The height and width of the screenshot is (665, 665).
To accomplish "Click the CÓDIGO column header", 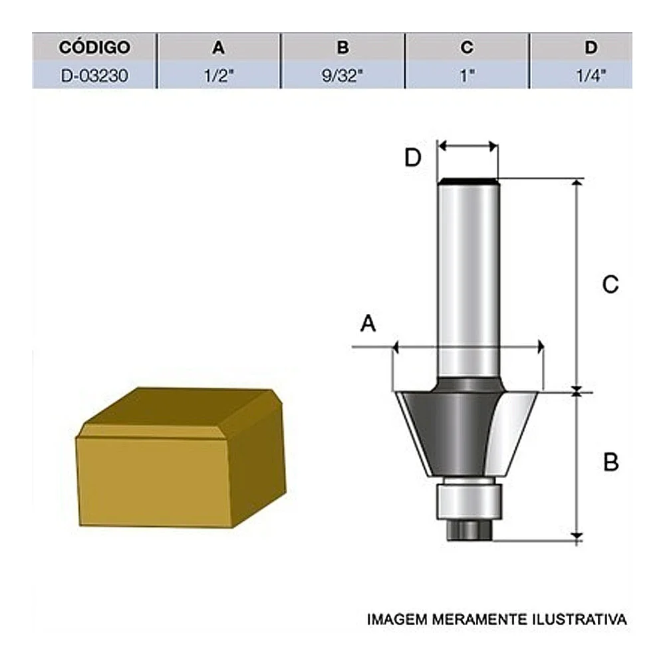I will tap(94, 48).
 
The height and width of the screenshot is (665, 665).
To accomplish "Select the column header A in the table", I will tap(218, 48).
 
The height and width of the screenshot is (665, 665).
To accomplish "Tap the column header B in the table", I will tap(342, 48).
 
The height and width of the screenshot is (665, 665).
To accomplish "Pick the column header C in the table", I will tap(467, 48).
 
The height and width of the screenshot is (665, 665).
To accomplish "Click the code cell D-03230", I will tap(94, 75).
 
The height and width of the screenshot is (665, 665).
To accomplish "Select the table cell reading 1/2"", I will tap(218, 75).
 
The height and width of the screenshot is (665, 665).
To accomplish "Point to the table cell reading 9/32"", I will tap(342, 75).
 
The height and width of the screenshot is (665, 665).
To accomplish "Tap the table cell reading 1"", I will tap(467, 75).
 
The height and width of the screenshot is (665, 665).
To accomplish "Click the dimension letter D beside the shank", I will tap(413, 158).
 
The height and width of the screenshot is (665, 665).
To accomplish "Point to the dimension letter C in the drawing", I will tap(610, 285).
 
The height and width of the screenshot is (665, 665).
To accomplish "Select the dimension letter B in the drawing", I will tap(610, 462).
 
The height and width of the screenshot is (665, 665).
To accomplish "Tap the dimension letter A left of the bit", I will tap(368, 325).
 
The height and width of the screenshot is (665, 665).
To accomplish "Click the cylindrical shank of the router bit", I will tap(468, 279).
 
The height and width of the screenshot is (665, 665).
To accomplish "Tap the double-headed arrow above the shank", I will tap(468, 146).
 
